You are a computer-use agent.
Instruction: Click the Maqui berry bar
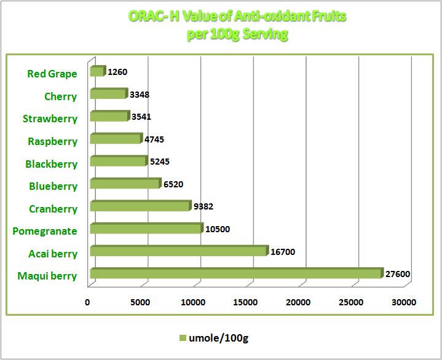[x=236, y=274]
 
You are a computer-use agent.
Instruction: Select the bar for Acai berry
[x=178, y=251]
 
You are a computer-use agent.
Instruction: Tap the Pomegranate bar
[x=145, y=229]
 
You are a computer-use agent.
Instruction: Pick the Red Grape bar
[x=97, y=72]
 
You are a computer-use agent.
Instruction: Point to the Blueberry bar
[x=125, y=184]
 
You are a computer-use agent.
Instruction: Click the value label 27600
[x=398, y=275]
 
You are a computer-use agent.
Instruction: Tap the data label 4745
[x=154, y=139]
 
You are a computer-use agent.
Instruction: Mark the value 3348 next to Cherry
[x=140, y=95]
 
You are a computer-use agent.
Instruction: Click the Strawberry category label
[x=50, y=119]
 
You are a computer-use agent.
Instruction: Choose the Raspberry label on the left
[x=52, y=141]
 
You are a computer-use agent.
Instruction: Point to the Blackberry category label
[x=51, y=164]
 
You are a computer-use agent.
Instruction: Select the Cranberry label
[x=53, y=209]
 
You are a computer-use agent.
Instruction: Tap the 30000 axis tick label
[x=405, y=302]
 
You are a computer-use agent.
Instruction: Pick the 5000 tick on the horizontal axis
[x=141, y=302]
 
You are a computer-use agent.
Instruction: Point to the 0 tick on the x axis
[x=87, y=302]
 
